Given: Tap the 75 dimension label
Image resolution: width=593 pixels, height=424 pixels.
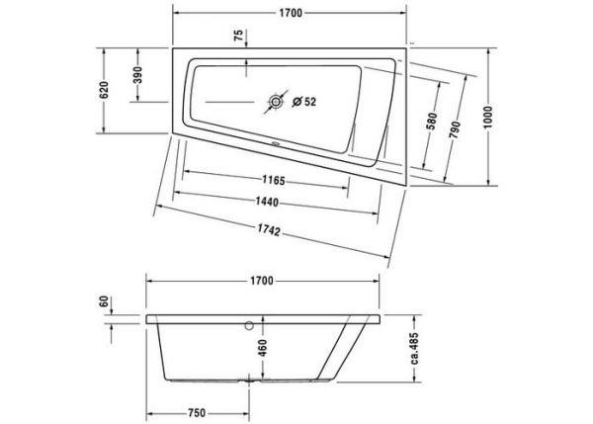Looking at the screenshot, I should (237, 38).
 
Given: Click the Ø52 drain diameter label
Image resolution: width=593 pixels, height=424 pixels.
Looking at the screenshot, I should (303, 101).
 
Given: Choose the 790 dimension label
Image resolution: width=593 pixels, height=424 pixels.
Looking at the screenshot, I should (456, 123).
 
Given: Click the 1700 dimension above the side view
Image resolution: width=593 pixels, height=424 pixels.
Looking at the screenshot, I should (261, 281).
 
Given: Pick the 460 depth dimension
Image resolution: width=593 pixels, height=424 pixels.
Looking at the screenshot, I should (261, 349).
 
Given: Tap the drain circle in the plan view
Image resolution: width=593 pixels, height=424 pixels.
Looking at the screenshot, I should (274, 101).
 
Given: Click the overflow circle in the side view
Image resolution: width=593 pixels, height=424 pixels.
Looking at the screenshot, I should (249, 324).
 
